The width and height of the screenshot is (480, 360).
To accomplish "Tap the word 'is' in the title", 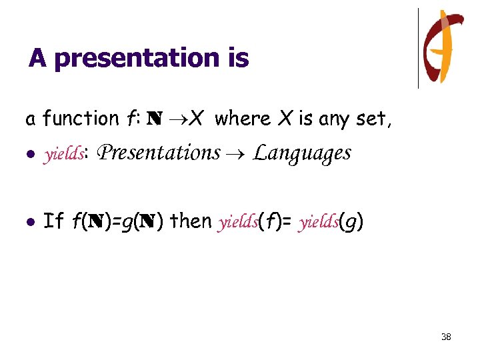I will tap(237, 59).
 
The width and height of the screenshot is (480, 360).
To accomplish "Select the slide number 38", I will tap(446, 337).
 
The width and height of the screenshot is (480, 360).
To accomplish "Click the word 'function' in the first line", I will tap(80, 119).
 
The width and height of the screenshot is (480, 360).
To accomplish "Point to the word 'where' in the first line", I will tap(243, 119).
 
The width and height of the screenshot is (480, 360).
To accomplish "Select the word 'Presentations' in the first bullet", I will tap(159, 153).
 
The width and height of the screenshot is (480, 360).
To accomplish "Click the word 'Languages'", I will tap(302, 154).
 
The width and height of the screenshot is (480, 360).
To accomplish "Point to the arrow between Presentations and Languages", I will tap(237, 154).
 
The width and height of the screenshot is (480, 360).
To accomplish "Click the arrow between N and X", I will tap(175, 119).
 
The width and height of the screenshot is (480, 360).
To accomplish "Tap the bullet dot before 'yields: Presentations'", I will tap(29, 155).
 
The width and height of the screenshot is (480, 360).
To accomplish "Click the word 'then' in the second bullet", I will tap(191, 221).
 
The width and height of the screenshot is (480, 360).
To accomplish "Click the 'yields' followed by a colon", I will tap(63, 155).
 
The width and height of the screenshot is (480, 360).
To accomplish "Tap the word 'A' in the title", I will tap(37, 59).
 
